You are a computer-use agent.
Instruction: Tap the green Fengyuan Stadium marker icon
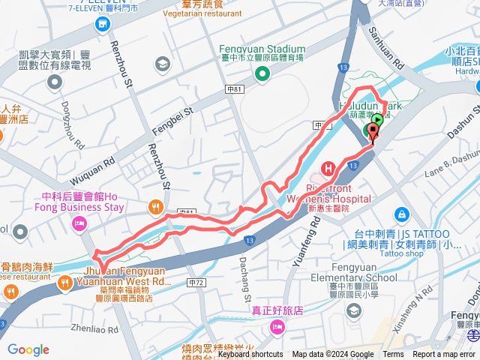[262, 73]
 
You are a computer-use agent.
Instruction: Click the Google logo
[28, 349]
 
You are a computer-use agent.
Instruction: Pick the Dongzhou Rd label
[72, 130]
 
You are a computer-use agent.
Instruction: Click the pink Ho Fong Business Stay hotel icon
[79, 223]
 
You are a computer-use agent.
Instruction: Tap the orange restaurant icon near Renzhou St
[154, 206]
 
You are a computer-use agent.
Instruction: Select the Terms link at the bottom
[393, 355]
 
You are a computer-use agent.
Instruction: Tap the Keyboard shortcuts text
[250, 355]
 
